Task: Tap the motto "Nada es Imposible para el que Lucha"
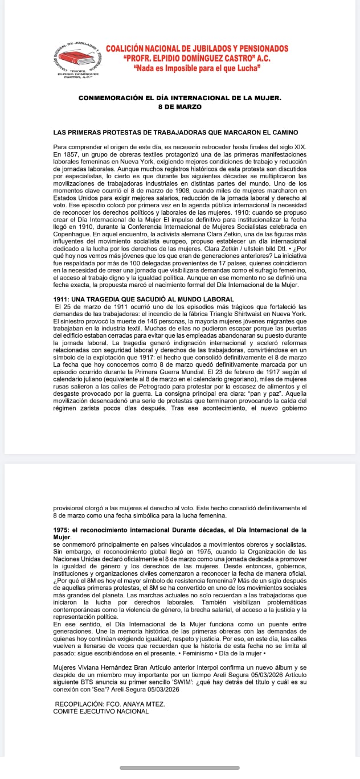197,68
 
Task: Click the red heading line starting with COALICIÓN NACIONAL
197,48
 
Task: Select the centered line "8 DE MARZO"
180,106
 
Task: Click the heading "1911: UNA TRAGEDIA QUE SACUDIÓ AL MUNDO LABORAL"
144,300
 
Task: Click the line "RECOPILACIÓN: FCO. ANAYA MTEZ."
110,704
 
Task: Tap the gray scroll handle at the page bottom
180,768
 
